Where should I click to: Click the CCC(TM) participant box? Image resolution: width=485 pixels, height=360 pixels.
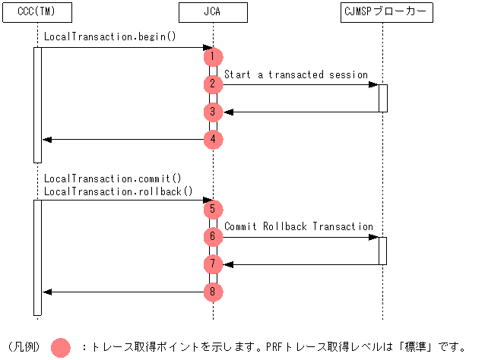(36, 13)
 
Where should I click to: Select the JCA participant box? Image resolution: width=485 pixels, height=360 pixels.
(213, 13)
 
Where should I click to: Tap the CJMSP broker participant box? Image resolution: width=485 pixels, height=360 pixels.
(382, 13)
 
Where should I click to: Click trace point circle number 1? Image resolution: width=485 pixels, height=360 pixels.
(213, 57)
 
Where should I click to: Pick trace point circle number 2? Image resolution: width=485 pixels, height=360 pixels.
(213, 84)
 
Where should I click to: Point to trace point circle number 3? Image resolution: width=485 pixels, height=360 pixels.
(213, 112)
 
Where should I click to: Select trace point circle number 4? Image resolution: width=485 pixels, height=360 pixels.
(213, 140)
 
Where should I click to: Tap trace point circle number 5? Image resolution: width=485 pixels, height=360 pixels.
(213, 209)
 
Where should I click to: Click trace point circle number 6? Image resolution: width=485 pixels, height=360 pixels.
(213, 237)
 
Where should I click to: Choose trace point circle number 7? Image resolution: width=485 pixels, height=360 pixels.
(213, 264)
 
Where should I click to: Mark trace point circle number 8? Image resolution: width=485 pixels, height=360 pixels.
(213, 292)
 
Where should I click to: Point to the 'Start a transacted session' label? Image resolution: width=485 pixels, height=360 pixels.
(296, 74)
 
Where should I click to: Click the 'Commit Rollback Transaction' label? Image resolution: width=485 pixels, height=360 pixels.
(299, 226)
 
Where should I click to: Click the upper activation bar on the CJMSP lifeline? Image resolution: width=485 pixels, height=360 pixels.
(382, 98)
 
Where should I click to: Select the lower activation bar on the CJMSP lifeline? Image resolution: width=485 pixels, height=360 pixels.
(382, 251)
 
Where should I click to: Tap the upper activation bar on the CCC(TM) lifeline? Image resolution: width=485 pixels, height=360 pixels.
(37, 105)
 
